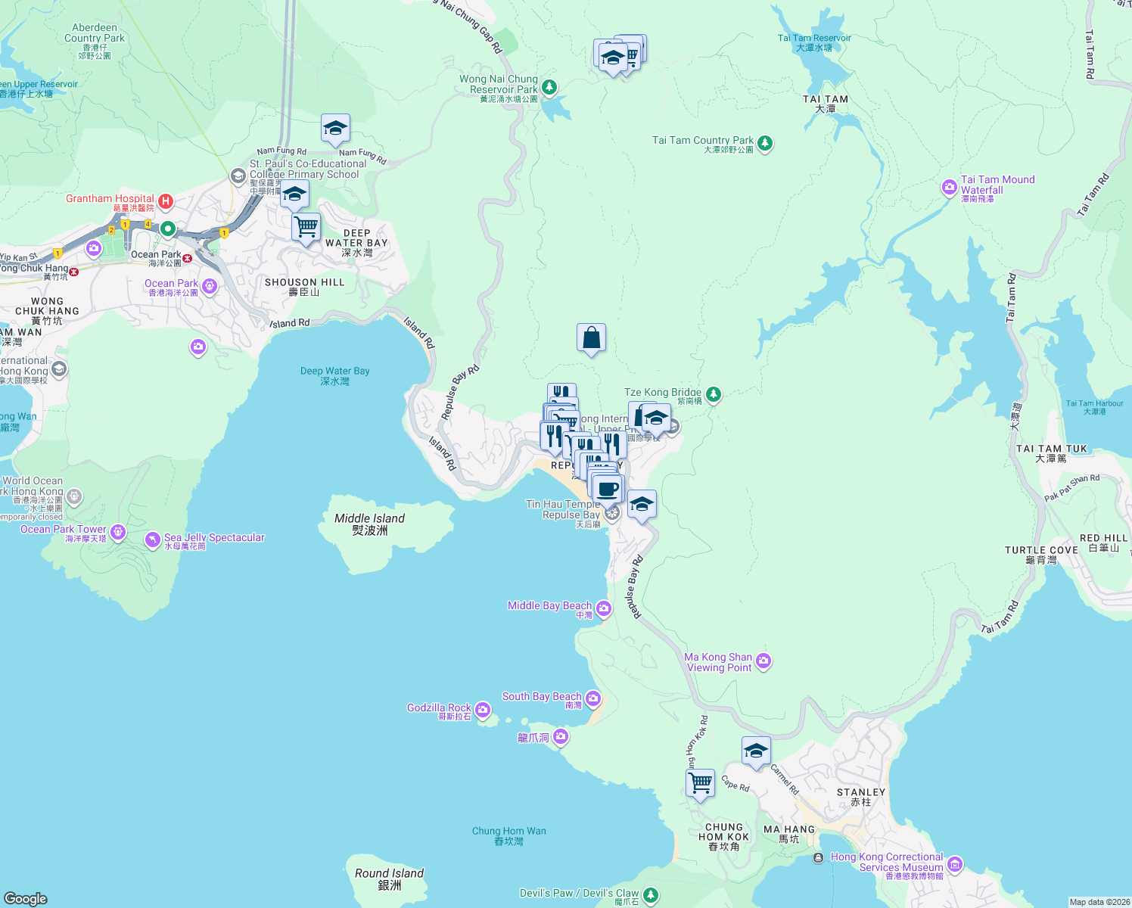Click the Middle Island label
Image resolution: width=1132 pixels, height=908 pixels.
[x=369, y=524]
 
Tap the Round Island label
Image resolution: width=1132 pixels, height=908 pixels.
[x=389, y=878]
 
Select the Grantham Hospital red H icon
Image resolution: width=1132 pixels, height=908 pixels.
[x=166, y=202]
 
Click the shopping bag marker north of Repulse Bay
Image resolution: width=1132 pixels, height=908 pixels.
[x=591, y=338]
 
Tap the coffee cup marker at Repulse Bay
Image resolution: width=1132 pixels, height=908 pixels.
[x=608, y=489]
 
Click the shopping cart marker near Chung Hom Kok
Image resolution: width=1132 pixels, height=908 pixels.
[x=700, y=782]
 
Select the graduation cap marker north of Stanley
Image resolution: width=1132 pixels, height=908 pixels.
[x=755, y=751]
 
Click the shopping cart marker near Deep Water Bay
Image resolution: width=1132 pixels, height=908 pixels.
[x=306, y=226]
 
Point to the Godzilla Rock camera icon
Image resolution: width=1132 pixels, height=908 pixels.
[x=483, y=710]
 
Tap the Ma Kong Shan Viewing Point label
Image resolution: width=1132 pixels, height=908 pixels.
[x=718, y=662]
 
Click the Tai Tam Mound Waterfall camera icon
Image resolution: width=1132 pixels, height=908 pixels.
[x=949, y=187]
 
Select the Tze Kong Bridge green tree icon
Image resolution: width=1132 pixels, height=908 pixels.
[x=713, y=394]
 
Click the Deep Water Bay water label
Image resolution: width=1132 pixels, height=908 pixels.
[x=334, y=375]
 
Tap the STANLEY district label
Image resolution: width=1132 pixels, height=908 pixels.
[x=860, y=796]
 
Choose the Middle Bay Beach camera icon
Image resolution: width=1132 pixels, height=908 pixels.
[x=603, y=608]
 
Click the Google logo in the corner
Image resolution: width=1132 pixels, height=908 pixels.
[x=26, y=898]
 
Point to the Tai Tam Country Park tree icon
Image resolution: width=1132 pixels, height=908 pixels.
[x=765, y=143]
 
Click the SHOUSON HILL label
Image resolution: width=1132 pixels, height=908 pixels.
[x=304, y=286]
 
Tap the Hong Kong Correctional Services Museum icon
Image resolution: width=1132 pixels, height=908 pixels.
[x=955, y=863]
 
